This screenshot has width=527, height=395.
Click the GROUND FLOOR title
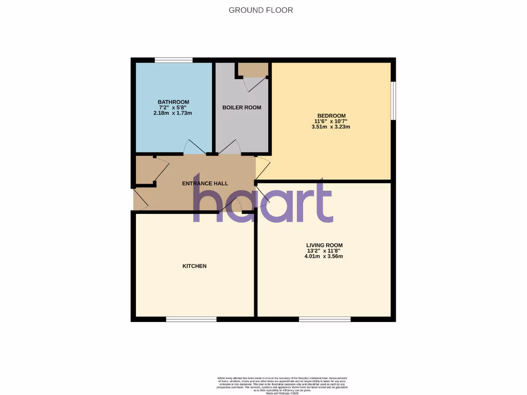pyautogui.click(x=260, y=10)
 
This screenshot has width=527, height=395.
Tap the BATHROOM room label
pyautogui.click(x=173, y=102)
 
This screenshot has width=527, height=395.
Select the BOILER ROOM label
pyautogui.click(x=241, y=107)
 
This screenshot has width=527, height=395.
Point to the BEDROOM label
pyautogui.click(x=331, y=116)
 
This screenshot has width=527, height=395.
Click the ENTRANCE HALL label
pyautogui.click(x=205, y=183)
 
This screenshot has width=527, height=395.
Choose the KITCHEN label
pyautogui.click(x=195, y=266)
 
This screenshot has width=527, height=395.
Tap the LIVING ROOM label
pyautogui.click(x=324, y=245)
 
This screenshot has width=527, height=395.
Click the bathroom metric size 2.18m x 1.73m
pyautogui.click(x=173, y=113)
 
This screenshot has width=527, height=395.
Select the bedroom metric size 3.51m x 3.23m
pyautogui.click(x=331, y=127)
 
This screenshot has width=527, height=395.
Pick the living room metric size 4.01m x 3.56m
pyautogui.click(x=324, y=257)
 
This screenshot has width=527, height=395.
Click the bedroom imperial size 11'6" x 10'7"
pyautogui.click(x=331, y=121)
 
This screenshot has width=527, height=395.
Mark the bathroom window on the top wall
pyautogui.click(x=173, y=60)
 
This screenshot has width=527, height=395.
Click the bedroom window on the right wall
pyautogui.click(x=393, y=101)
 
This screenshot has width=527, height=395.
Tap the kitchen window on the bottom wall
pyautogui.click(x=191, y=319)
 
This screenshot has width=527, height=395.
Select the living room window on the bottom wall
pyautogui.click(x=325, y=319)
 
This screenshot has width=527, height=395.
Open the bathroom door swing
pyautogui.click(x=195, y=148)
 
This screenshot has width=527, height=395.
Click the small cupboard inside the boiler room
pyautogui.click(x=253, y=70)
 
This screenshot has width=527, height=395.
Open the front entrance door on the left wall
pyautogui.click(x=140, y=199)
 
